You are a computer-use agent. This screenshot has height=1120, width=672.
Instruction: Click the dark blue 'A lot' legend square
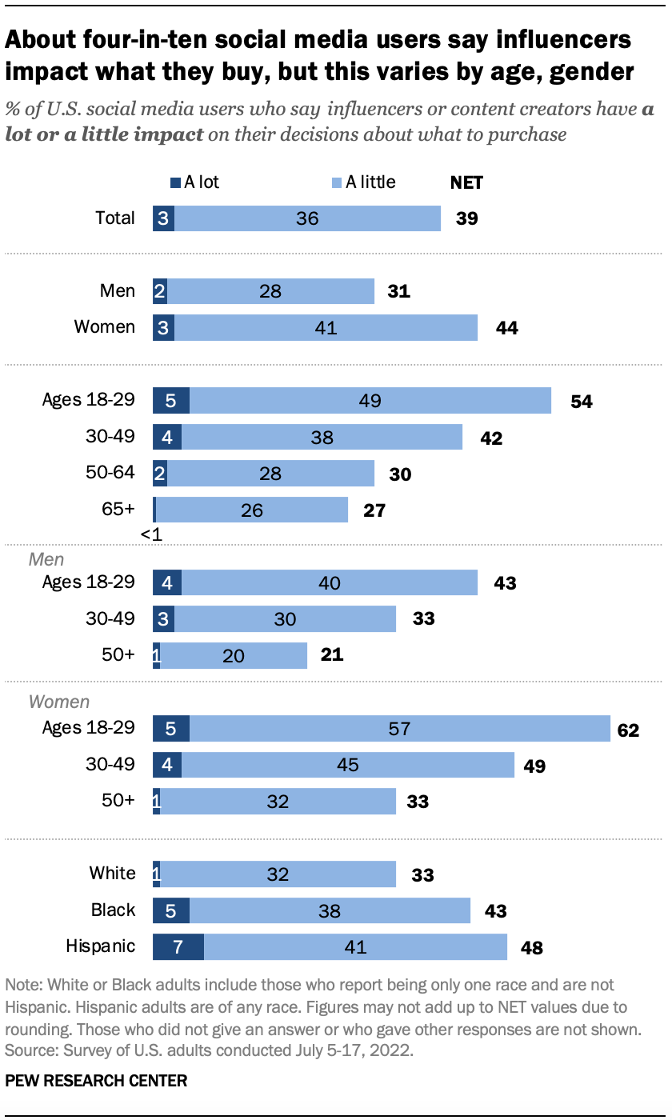[176, 182]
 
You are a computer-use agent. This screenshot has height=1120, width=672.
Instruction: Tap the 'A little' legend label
[370, 182]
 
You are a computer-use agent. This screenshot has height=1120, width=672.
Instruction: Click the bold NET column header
[467, 182]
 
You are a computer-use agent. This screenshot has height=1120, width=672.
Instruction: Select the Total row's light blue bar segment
[307, 218]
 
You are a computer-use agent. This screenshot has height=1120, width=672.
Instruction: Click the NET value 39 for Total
[466, 218]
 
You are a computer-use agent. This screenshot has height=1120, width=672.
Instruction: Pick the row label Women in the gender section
[105, 326]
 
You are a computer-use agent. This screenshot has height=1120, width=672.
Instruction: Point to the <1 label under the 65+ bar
[151, 534]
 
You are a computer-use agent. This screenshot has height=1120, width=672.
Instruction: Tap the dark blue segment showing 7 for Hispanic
[178, 947]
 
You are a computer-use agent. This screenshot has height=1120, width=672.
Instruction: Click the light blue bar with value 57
[400, 728]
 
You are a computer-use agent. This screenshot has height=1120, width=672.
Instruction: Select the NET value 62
[628, 729]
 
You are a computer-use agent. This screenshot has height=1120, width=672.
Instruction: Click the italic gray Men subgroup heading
[46, 560]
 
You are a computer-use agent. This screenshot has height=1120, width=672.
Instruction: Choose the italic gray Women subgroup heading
[59, 702]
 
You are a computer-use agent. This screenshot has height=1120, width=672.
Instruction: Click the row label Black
[114, 910]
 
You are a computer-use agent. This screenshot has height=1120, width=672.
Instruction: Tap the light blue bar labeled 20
[234, 655]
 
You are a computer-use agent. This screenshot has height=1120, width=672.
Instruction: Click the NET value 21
[331, 655]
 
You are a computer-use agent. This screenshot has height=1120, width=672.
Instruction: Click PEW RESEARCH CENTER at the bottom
[97, 1081]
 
